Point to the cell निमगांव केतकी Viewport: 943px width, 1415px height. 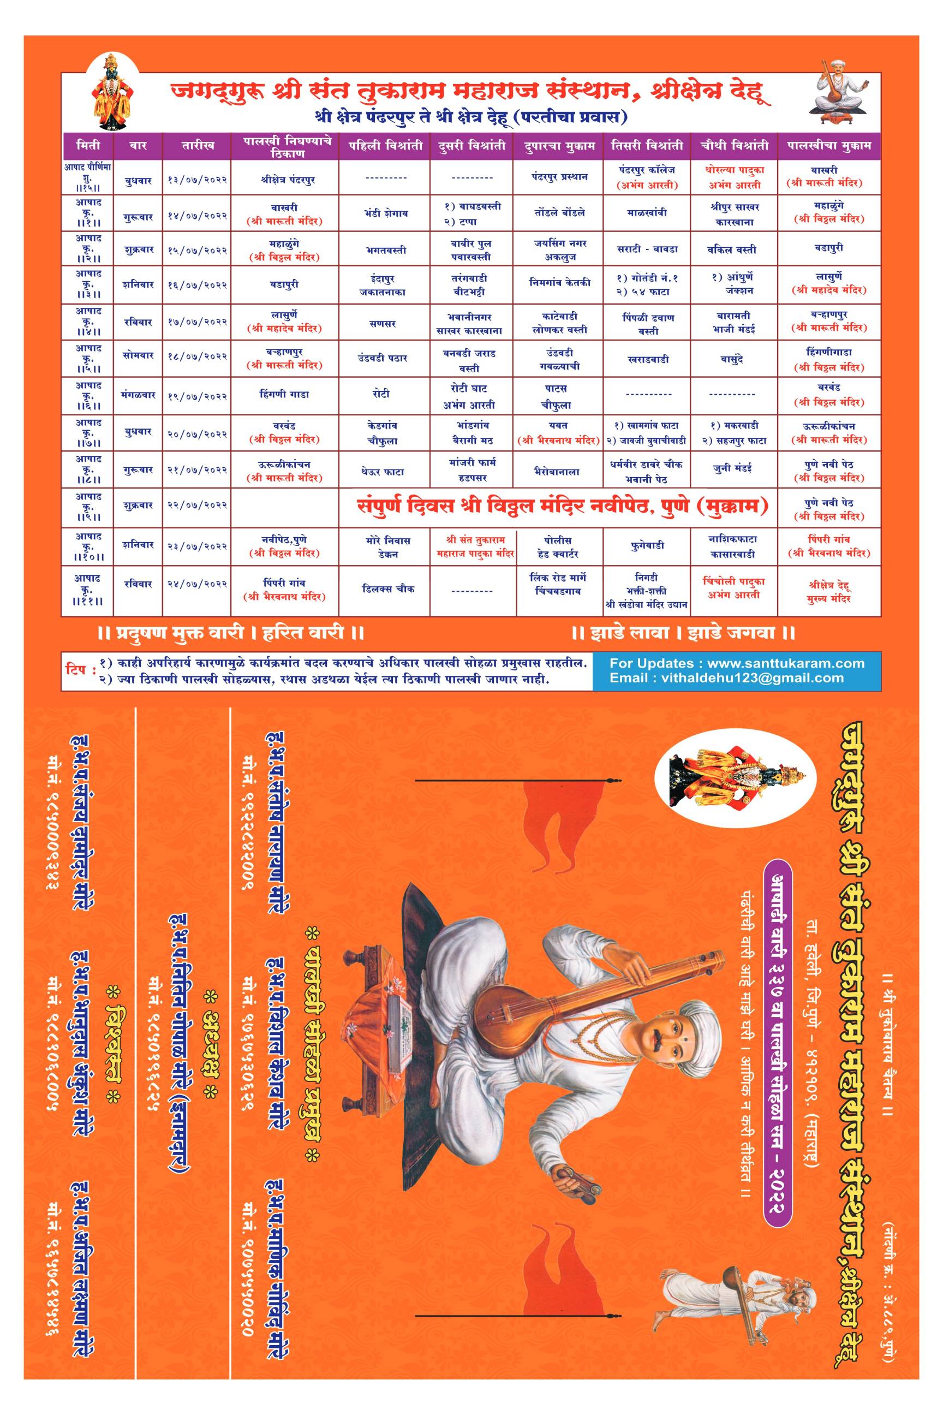(559, 282)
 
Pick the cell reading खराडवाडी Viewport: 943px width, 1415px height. (647, 359)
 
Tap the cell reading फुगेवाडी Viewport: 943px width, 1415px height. (647, 545)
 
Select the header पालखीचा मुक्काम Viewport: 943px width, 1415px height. (829, 146)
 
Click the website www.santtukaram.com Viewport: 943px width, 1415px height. (785, 664)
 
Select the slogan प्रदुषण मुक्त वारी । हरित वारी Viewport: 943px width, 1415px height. (231, 633)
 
